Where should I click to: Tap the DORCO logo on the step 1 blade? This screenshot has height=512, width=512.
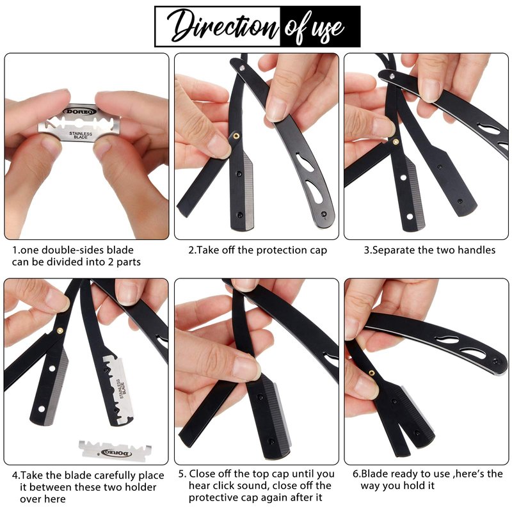pos(79,111)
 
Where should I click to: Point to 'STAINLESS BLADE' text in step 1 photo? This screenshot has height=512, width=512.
pos(81,135)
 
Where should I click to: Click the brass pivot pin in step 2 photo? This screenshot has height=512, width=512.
pos(236,135)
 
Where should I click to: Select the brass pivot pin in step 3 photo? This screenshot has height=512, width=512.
pos(396,141)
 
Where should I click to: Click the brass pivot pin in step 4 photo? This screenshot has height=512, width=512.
pos(60,330)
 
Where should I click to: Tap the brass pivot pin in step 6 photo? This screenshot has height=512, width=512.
pos(372,372)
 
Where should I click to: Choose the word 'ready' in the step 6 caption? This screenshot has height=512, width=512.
pos(403,474)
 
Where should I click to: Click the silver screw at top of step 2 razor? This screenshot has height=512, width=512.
pos(242,68)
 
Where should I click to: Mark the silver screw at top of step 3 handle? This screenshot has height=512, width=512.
pos(392,76)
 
